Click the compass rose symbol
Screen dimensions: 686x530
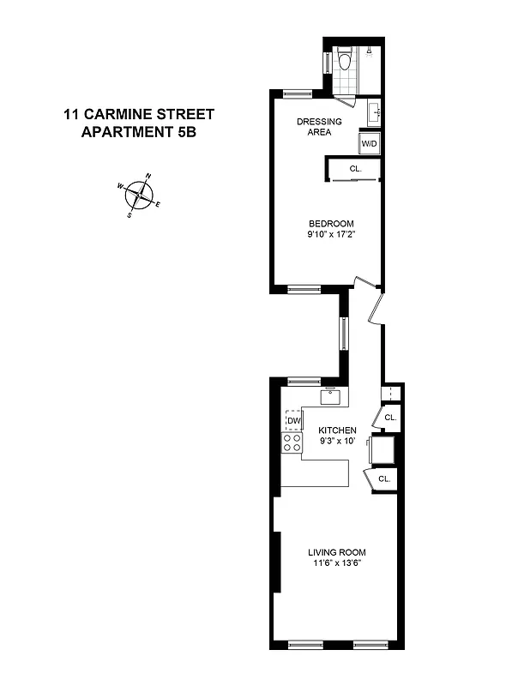[138, 196]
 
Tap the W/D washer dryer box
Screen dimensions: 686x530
[370, 144]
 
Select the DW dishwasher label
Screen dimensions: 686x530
[293, 421]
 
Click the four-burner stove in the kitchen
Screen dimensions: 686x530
[292, 442]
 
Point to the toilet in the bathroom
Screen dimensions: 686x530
[345, 61]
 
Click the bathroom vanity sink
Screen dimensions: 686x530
[373, 112]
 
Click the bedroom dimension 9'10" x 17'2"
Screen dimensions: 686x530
[332, 234]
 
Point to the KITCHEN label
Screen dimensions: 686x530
[338, 430]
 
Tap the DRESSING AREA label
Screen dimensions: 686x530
[319, 127]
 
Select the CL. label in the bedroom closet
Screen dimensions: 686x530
[355, 170]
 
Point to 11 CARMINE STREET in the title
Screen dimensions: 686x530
[138, 113]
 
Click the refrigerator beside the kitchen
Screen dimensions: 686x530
[382, 448]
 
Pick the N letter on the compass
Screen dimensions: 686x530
[148, 177]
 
